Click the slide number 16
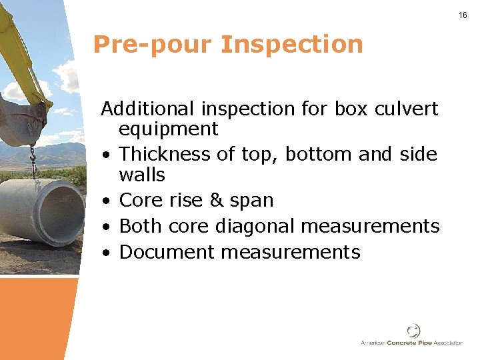(463, 15)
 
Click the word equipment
(168, 129)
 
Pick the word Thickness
(165, 154)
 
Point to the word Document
(166, 252)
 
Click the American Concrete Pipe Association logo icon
(414, 331)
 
